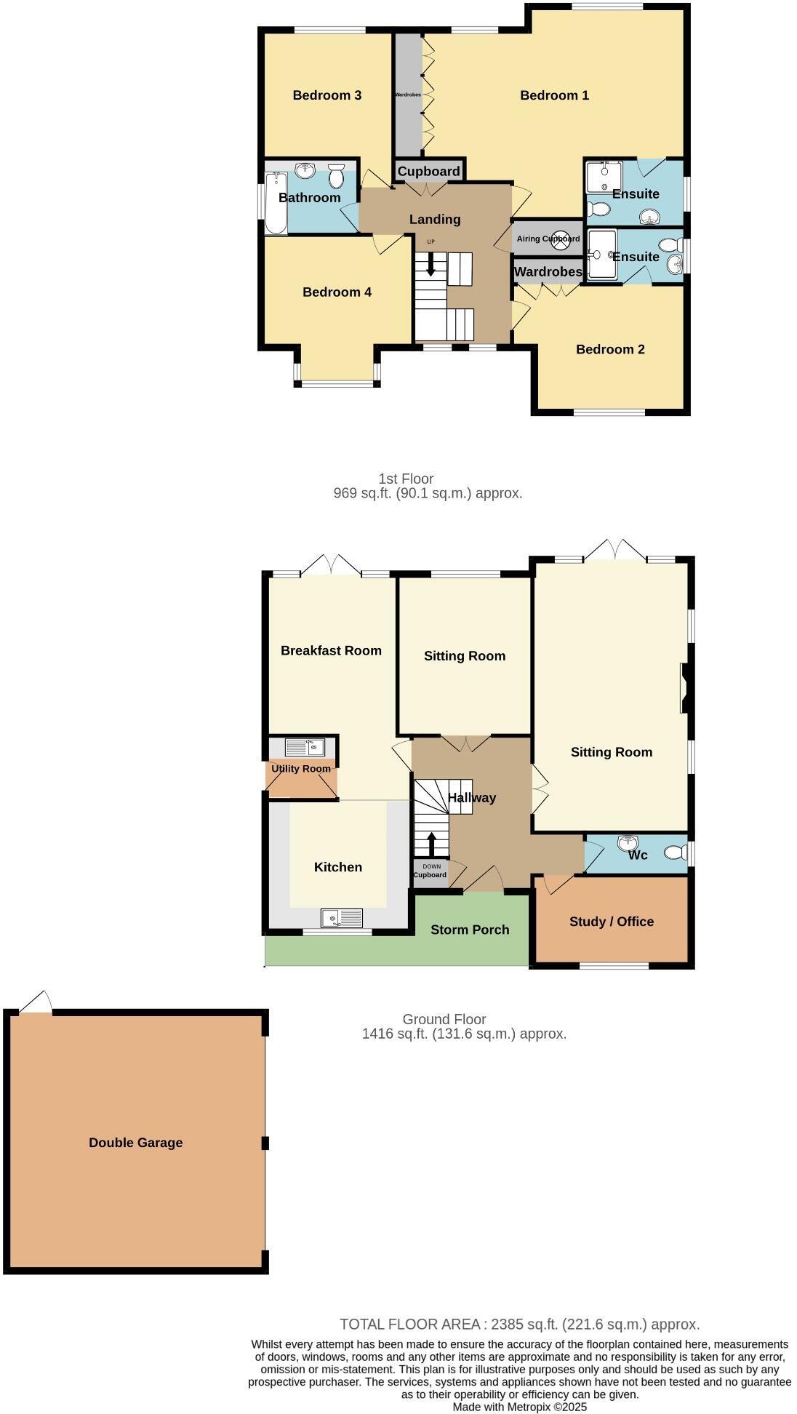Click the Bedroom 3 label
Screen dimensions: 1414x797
327,95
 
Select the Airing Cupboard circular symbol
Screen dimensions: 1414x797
561,239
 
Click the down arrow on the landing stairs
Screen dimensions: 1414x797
430,263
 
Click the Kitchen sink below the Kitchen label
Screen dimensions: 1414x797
342,919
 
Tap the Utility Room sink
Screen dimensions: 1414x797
305,747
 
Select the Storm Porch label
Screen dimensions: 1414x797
470,930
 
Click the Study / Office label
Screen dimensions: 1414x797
612,922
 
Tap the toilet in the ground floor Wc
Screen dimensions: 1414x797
676,852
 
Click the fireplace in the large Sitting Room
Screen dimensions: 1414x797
685,688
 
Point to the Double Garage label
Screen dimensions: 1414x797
135,1143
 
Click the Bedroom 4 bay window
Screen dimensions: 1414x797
337,381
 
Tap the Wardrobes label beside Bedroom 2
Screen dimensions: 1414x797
548,272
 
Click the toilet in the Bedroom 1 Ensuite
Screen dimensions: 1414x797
598,209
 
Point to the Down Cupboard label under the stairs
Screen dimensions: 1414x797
430,871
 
